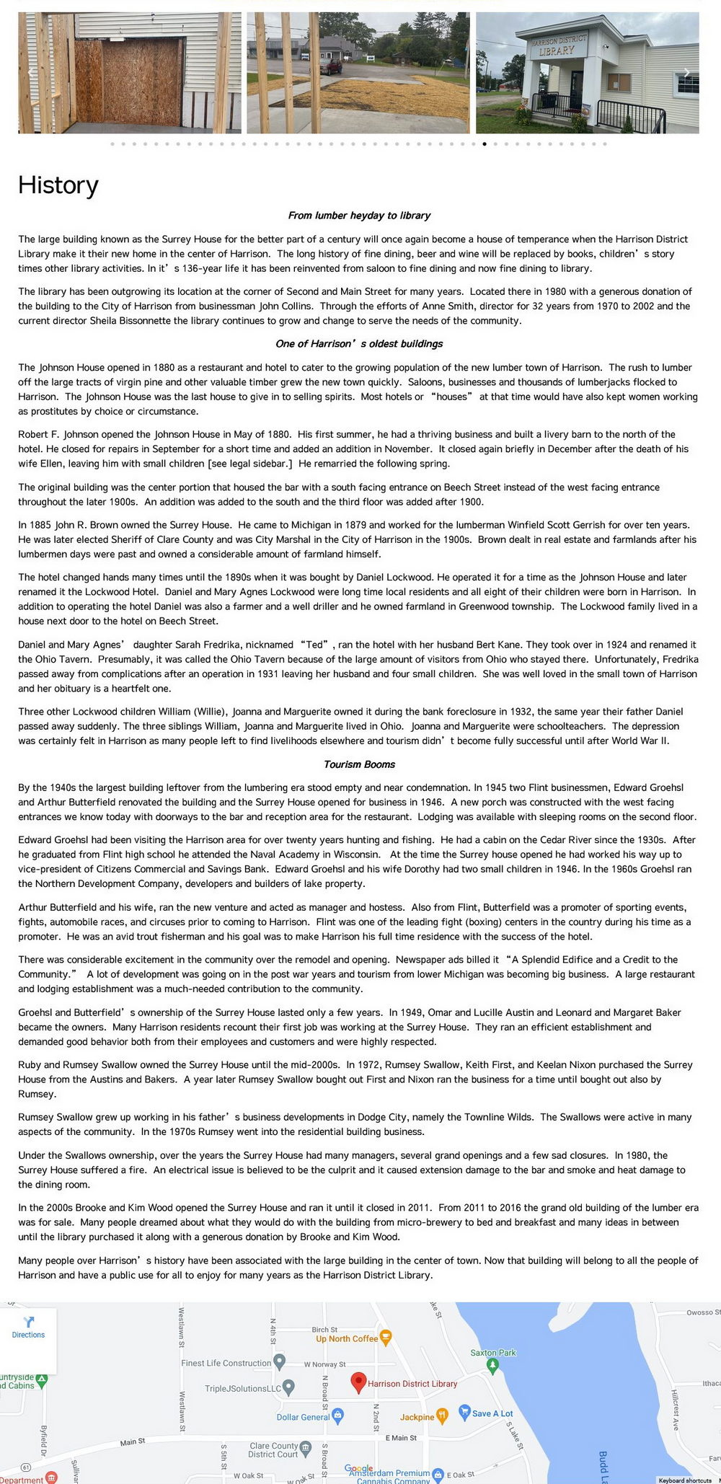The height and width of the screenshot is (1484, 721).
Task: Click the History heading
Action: [58, 185]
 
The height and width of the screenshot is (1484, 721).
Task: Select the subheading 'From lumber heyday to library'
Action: [359, 216]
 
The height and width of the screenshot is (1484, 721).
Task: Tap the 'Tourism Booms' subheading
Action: [359, 764]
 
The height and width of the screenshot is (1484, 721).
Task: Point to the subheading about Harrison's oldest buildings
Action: [359, 344]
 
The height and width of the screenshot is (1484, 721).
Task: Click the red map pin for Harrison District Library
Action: [358, 1382]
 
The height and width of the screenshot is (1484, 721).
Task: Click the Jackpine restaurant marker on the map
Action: [443, 1415]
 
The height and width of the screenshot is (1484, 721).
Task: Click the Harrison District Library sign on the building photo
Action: [558, 46]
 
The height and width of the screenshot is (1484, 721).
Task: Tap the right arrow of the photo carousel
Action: [686, 72]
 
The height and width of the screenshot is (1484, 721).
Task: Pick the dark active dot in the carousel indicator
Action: [485, 144]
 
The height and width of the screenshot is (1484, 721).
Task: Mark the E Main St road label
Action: [401, 1438]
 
